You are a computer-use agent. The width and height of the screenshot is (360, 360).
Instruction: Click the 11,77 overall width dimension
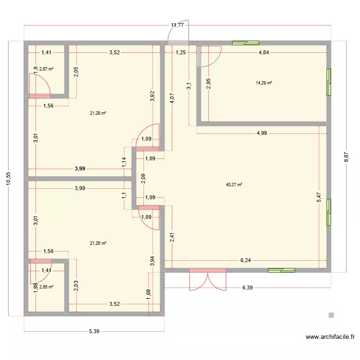tap(178, 25)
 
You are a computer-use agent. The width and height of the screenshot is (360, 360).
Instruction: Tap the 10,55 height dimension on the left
tap(8, 178)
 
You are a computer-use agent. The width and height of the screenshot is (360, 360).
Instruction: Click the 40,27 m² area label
tap(234, 184)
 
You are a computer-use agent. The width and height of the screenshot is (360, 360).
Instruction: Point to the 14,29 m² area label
tap(264, 83)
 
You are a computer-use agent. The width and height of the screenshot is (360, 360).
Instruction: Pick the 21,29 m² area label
tap(98, 113)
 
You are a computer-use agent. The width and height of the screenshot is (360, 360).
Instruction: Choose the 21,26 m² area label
tap(98, 243)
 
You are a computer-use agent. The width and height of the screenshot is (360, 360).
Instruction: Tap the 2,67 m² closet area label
tap(46, 69)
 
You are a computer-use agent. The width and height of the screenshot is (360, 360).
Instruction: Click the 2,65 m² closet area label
tap(46, 287)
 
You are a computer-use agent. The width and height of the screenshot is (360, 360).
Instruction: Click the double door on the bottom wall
tap(207, 281)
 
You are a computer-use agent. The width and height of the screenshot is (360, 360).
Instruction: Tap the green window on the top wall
tap(245, 43)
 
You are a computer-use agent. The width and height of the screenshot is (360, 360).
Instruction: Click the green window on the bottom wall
tap(282, 271)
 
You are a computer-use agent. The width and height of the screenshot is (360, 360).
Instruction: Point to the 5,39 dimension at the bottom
tap(94, 331)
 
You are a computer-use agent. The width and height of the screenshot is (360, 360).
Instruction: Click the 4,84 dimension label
tap(264, 53)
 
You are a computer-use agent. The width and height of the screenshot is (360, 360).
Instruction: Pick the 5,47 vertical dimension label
tap(319, 197)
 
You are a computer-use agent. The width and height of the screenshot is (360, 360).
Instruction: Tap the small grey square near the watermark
tap(331, 315)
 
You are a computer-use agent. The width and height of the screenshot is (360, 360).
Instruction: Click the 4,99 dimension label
tap(262, 133)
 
